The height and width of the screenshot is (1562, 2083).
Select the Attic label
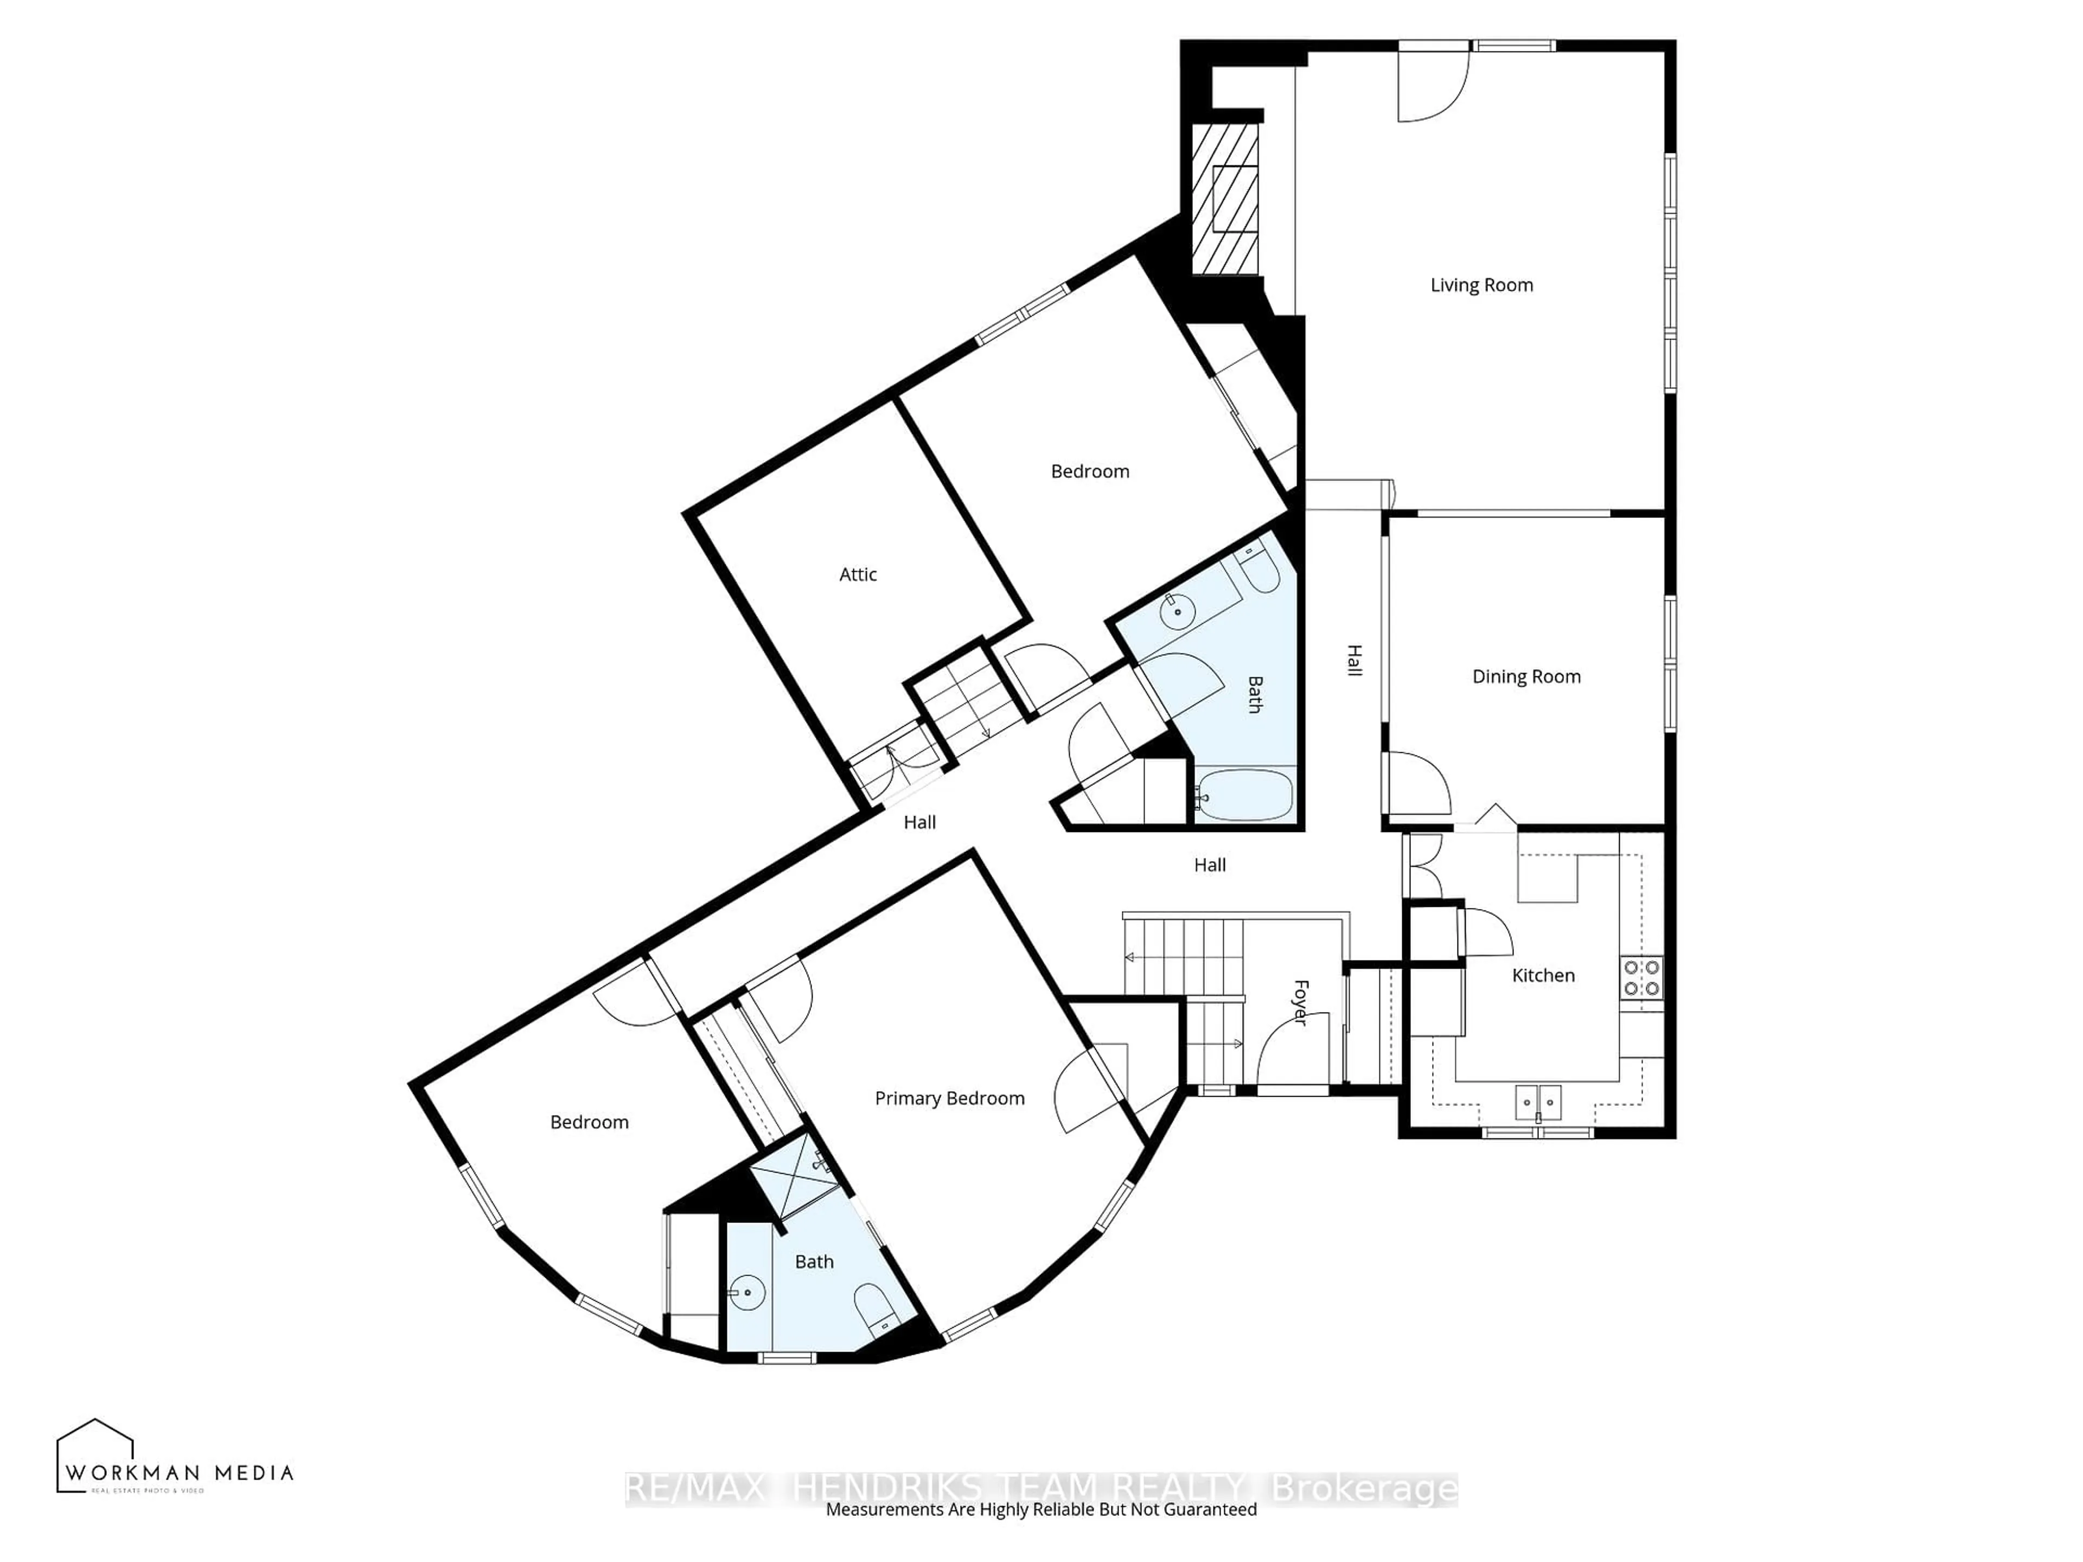858,574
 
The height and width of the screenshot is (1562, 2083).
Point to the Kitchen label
1543,975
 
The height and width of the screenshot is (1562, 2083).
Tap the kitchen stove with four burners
1641,977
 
